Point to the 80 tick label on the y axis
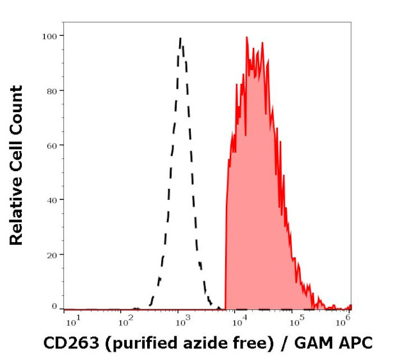(51, 90)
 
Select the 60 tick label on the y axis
(51, 145)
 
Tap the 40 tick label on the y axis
(51, 200)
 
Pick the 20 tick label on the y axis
(51, 254)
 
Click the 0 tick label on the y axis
(54, 307)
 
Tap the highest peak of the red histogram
(246, 37)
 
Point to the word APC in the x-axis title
(355, 343)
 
